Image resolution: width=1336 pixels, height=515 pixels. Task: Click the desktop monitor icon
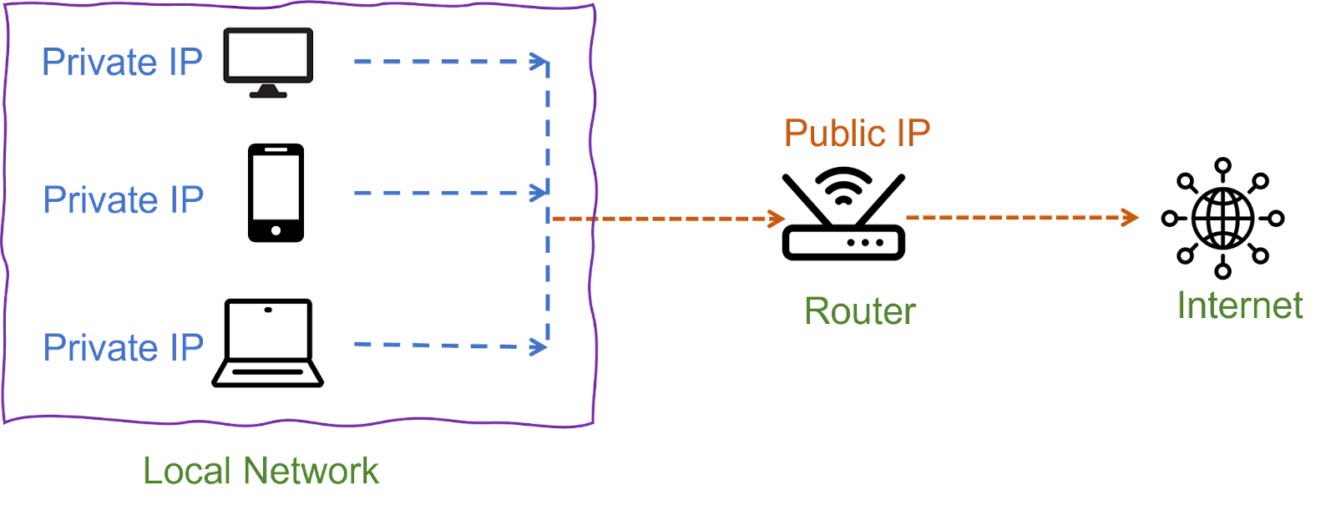click(268, 61)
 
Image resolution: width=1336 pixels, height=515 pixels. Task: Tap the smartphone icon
click(276, 193)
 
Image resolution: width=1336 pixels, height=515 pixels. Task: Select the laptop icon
click(268, 342)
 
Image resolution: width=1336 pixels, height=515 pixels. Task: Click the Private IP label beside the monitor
click(123, 63)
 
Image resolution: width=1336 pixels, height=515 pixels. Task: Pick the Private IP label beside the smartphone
click(123, 200)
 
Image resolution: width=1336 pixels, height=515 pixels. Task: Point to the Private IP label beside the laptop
click(123, 347)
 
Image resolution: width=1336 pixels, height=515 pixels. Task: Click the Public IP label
click(857, 134)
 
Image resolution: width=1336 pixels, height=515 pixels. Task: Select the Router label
click(859, 312)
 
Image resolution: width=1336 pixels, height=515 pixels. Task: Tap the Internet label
click(1240, 306)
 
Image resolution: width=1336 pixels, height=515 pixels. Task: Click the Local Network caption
click(261, 471)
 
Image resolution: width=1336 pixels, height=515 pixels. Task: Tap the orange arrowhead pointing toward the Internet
click(1131, 218)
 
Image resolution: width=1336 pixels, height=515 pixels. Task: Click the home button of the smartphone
click(276, 230)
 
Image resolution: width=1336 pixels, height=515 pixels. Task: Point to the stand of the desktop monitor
click(268, 91)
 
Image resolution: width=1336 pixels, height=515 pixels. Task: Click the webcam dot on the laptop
click(268, 310)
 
